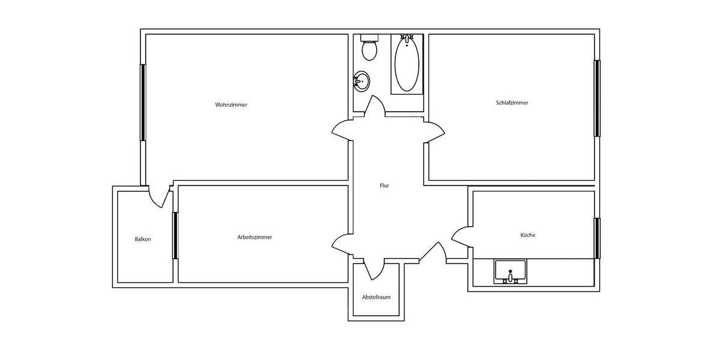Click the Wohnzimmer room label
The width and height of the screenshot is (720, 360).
coord(231,105)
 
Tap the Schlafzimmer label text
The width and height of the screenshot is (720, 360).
coord(512,103)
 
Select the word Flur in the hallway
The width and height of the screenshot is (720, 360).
coord(384,186)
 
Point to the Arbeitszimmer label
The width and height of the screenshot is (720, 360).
coord(254,238)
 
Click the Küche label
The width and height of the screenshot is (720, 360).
coord(527,235)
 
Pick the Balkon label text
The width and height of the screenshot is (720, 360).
coord(143,239)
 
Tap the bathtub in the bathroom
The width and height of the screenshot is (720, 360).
coord(407,64)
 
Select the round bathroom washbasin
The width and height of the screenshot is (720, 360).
coord(361,80)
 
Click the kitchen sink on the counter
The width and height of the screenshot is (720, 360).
coord(510,271)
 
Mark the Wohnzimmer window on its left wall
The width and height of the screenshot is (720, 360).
coord(143,102)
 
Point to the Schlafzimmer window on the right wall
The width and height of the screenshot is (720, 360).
coord(597,98)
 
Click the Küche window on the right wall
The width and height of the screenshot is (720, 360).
coord(597,238)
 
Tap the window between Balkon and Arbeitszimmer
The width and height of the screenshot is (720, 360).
coord(175,235)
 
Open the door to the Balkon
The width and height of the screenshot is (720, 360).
coord(157,197)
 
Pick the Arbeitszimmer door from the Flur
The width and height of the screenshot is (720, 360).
coord(343,242)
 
